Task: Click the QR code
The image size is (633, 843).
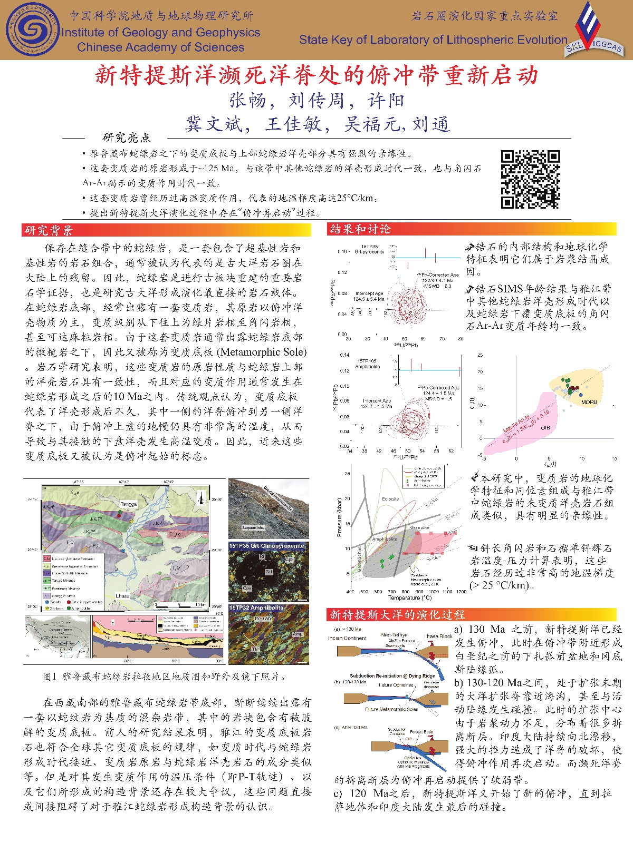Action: coord(530,180)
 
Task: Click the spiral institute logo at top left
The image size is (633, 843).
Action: coord(33,30)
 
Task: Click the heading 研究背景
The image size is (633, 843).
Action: coord(49,230)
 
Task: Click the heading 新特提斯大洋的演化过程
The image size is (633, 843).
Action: coord(397,614)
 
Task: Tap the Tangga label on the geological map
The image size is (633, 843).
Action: coord(128,504)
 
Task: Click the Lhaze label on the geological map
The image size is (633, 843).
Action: coord(122,596)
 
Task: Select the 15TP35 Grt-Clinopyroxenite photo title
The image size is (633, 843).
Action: coord(267,546)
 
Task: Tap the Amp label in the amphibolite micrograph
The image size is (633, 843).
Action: coord(297,634)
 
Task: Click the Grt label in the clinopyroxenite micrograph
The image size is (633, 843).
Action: coord(268,571)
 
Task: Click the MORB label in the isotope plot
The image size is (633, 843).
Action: coord(589,402)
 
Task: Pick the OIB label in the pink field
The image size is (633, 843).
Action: coord(545,427)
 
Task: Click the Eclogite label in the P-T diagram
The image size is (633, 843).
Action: coord(390,498)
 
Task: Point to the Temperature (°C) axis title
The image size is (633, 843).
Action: coord(410,597)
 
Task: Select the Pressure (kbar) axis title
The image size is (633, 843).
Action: coord(339,517)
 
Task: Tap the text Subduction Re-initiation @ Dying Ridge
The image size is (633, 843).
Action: coord(392,675)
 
